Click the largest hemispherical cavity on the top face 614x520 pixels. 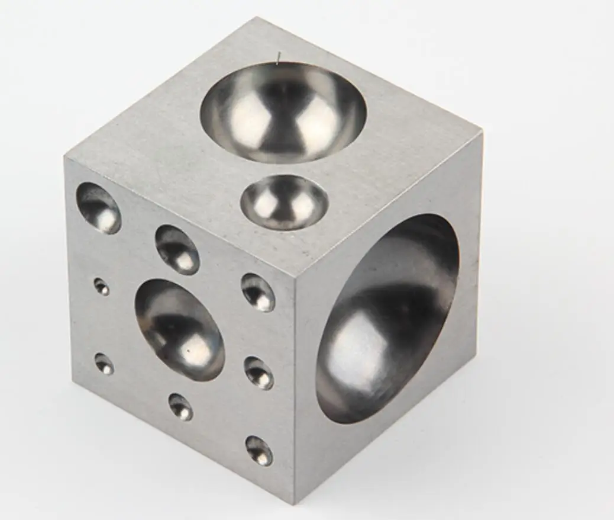[x=283, y=113]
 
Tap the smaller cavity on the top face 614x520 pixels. [x=284, y=202]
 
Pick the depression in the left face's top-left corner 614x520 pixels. [x=99, y=207]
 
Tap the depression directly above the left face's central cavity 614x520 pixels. [x=177, y=249]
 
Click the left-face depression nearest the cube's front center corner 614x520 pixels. [x=258, y=292]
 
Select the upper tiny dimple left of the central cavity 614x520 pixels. [x=102, y=287]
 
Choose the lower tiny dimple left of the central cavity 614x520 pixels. [x=104, y=364]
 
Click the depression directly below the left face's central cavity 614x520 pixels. [x=180, y=407]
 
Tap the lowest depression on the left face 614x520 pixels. [x=259, y=450]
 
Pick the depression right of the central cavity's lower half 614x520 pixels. [x=259, y=373]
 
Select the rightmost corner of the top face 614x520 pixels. [x=481, y=134]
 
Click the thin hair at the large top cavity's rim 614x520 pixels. [x=277, y=57]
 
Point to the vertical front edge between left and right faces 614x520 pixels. [x=295, y=385]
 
